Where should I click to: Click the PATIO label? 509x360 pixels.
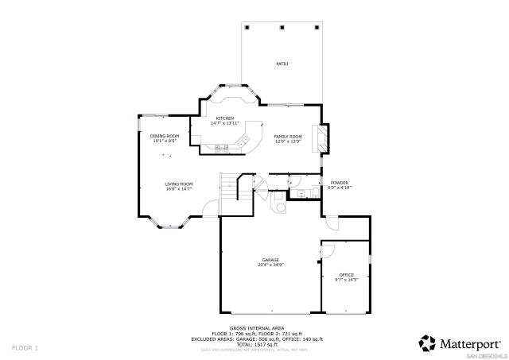[x=282, y=64]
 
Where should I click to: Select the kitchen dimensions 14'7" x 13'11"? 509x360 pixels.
[x=225, y=123]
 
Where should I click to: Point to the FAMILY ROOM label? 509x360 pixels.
[x=288, y=136]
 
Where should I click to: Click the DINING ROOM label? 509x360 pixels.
[x=165, y=136]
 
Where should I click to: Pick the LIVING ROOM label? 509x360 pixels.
[x=179, y=184]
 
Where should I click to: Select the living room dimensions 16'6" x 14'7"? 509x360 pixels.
[x=179, y=188]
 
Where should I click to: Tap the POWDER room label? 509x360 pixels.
[x=339, y=184]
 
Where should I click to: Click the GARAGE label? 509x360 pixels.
[x=270, y=260]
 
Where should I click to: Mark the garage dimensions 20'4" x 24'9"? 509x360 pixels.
[x=270, y=265]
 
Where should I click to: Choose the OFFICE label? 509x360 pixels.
[x=346, y=275]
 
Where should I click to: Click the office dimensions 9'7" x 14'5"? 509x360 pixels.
[x=346, y=280]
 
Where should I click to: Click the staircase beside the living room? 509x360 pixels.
[x=231, y=188]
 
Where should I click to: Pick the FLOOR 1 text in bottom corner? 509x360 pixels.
[x=25, y=347]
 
